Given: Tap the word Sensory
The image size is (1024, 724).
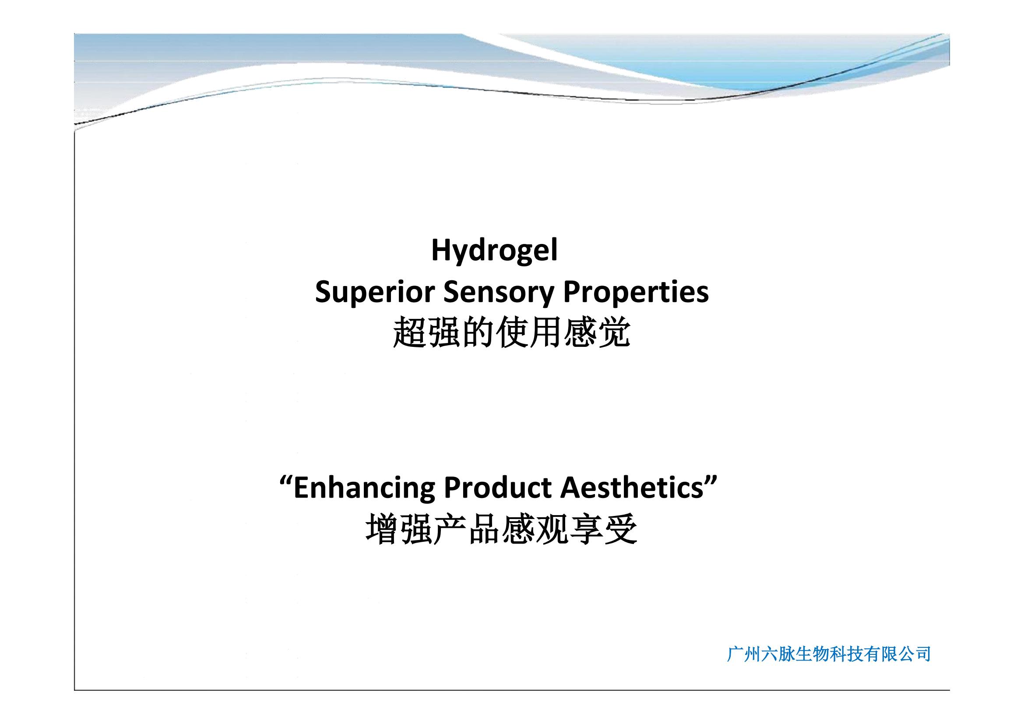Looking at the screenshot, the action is point(499,293).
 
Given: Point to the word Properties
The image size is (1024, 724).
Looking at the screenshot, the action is point(636,293).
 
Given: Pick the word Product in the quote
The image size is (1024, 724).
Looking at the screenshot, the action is point(497,488).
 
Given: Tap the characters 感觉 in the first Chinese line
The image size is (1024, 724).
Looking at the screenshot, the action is point(596,332).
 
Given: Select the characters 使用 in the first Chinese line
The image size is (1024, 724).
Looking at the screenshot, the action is point(528,332).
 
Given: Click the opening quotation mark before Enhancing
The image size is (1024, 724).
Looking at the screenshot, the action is point(286,482).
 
